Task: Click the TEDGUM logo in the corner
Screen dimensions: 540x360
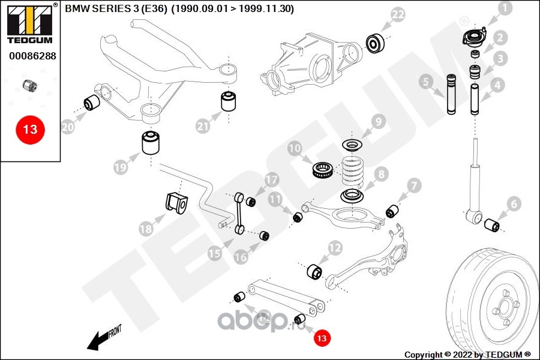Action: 30,24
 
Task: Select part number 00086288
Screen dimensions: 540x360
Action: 32,56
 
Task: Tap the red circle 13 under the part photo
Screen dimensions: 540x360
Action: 30,130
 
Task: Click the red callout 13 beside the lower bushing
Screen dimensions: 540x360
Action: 322,338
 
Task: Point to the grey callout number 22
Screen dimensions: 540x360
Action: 398,14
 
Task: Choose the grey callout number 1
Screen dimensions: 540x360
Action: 505,8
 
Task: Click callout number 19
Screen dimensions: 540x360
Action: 121,167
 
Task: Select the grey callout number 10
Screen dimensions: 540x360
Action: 295,148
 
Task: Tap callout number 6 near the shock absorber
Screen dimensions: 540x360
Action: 514,204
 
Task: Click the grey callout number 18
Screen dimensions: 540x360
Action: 146,229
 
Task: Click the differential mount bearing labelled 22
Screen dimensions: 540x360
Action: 374,43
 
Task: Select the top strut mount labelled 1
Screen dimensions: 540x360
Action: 475,38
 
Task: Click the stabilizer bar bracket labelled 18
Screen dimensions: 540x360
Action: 176,203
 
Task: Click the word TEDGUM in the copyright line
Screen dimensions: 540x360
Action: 503,355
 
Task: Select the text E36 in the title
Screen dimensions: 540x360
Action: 154,8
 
